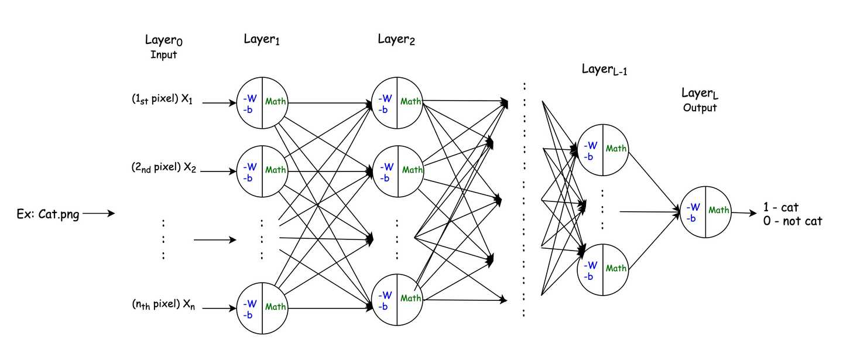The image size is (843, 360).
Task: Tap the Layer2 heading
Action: [396, 40]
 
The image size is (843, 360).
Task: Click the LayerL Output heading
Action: [700, 100]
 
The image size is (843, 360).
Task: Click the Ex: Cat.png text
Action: [48, 215]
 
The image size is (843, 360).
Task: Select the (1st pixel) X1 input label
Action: [162, 101]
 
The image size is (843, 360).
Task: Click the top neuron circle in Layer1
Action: [262, 102]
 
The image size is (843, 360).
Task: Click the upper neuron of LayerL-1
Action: [602, 149]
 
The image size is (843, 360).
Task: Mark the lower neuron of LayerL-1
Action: [602, 268]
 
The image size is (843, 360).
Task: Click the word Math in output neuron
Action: [719, 210]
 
